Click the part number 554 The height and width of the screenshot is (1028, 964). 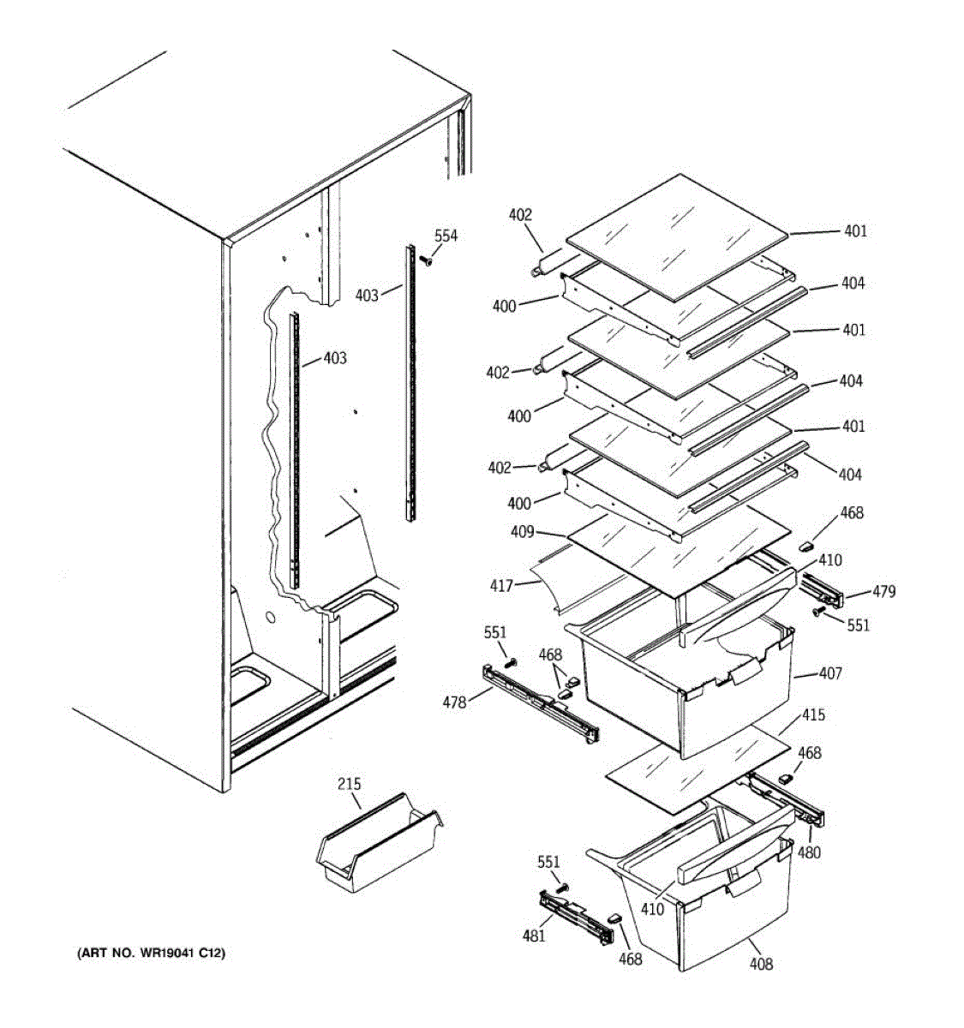coord(446,236)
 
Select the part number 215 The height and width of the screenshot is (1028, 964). coord(349,784)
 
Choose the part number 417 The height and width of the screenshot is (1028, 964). coord(501,586)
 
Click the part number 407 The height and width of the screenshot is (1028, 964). coord(830,673)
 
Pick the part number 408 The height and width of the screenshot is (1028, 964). coord(761,964)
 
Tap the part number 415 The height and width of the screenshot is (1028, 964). coord(813,714)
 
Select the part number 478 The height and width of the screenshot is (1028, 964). coord(454,702)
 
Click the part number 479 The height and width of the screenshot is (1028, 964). coord(884,591)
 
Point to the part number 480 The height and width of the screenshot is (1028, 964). coord(809,852)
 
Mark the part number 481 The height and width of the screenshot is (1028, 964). coord(534,936)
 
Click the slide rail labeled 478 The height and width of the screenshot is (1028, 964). coord(540,702)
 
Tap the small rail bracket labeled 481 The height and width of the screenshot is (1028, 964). coord(576,915)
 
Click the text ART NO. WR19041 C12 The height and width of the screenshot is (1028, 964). coord(152,953)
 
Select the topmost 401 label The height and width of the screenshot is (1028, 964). coord(855,230)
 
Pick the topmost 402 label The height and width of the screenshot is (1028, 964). coord(520,215)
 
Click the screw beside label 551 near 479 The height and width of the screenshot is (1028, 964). coord(818,611)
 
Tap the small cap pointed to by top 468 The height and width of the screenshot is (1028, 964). coord(805,543)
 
